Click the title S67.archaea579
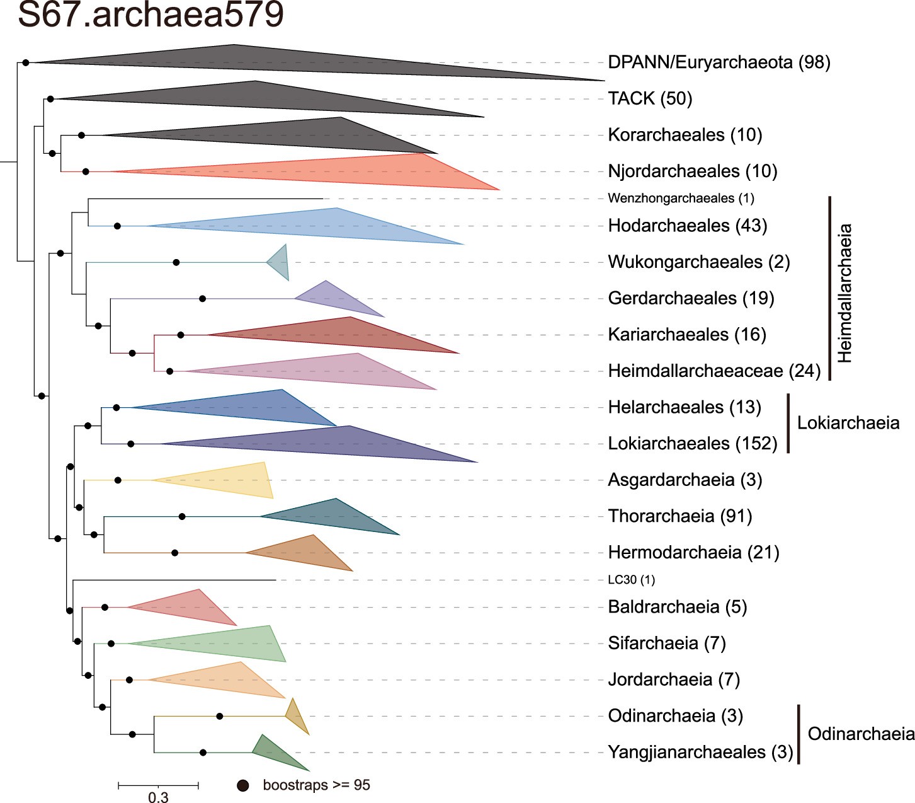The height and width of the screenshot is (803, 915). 151,15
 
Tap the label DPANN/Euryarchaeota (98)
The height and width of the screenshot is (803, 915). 719,62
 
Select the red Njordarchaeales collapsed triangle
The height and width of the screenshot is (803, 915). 378,171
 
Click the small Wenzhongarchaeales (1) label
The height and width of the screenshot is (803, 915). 681,199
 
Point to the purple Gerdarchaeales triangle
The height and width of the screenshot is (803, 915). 334,298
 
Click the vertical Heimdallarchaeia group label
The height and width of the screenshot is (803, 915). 844,293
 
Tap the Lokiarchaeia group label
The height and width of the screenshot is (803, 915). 848,422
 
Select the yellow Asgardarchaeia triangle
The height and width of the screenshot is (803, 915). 233,480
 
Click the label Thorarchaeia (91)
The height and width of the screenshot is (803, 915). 679,516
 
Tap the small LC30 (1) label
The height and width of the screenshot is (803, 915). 631,580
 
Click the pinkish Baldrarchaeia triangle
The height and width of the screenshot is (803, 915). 189,607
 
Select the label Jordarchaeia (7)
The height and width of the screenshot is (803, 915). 673,679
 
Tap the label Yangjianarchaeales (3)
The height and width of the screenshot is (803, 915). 700,752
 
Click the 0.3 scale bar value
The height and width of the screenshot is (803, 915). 158,797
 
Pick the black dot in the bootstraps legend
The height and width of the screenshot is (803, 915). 242,785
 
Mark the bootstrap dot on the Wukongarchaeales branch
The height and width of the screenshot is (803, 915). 176,262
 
